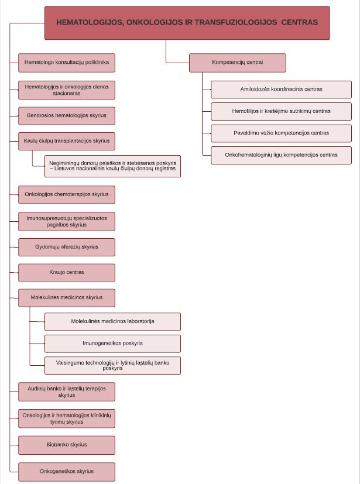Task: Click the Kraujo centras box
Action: coord(67,273)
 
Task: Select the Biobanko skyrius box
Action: coord(67,445)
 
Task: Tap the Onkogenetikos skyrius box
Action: coord(67,472)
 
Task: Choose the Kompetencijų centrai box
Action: coord(238,63)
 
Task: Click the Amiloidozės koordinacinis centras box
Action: coord(282,90)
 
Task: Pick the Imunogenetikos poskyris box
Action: coord(113,344)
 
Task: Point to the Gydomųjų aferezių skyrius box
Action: coord(67,247)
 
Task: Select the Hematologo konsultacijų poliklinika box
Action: coord(67,63)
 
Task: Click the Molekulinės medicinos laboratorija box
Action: coord(113,322)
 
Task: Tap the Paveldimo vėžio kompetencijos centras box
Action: coord(282,133)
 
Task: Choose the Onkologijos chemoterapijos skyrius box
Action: coord(67,194)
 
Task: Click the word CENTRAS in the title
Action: coord(300,22)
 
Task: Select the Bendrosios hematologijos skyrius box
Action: coord(67,116)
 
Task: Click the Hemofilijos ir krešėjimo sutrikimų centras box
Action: coord(282,111)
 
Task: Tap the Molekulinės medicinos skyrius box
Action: coord(67,298)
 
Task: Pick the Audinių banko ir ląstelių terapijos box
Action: coord(67,392)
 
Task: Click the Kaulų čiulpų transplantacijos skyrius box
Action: coord(67,141)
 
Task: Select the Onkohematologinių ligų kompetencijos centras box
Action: coord(282,155)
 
